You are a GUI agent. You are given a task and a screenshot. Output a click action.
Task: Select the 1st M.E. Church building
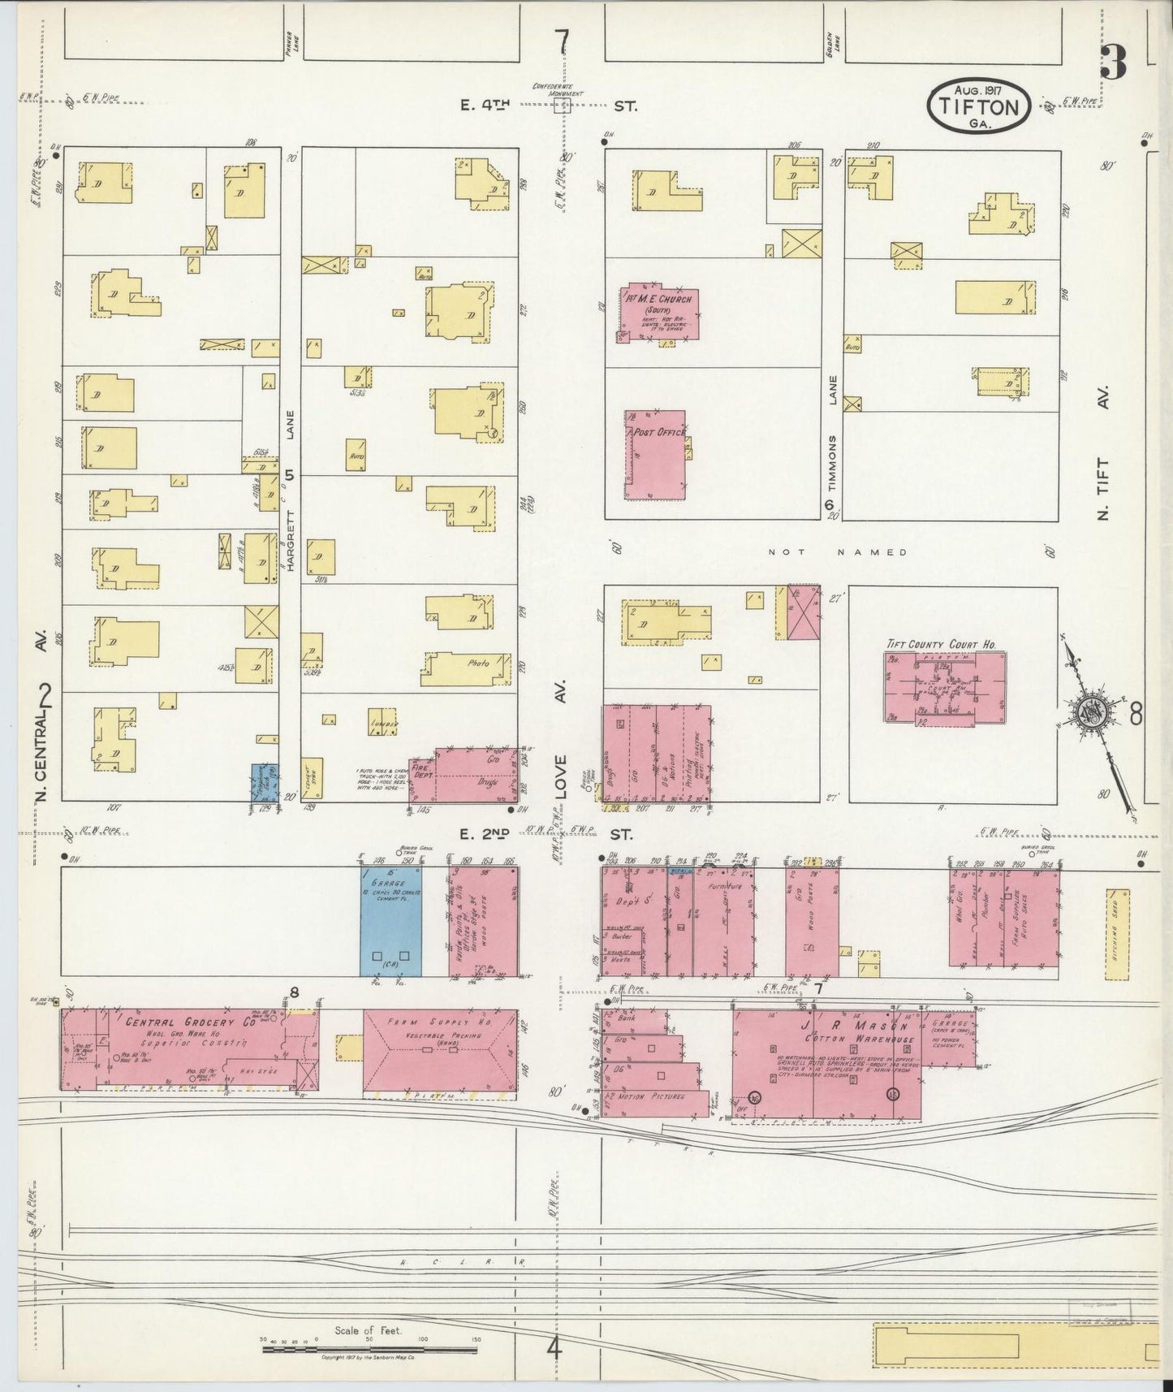(658, 312)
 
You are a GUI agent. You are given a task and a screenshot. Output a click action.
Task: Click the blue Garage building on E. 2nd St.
(391, 921)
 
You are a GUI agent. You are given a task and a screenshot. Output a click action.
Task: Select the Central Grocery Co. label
(190, 1022)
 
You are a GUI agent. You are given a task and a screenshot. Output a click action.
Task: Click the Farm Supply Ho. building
(440, 1052)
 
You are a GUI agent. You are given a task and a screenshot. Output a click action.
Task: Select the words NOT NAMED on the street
(838, 552)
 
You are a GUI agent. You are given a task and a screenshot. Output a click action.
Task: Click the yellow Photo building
(467, 668)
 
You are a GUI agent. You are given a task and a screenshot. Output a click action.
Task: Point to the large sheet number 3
(1114, 63)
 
